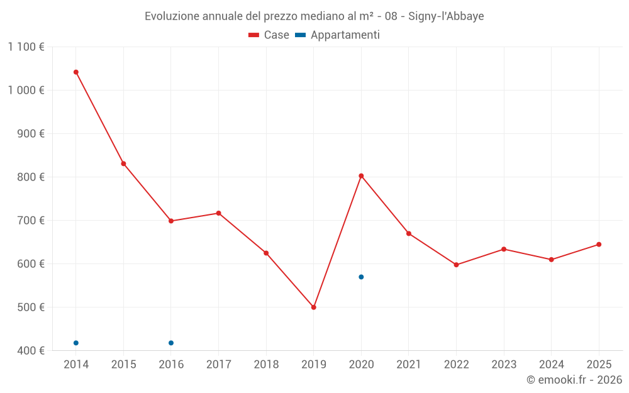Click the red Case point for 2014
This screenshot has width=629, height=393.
[x=76, y=72]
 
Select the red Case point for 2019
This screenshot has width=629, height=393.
[x=314, y=307]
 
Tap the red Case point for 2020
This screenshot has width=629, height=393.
[x=361, y=176]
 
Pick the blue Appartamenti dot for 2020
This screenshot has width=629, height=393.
[x=361, y=277]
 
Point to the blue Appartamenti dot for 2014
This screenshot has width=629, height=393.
[x=76, y=343]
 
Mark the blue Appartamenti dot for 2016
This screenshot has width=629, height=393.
[x=171, y=343]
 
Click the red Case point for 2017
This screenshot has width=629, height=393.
[x=219, y=213]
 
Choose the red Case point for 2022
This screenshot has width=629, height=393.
[x=456, y=265]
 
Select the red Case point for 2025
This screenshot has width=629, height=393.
[x=599, y=245]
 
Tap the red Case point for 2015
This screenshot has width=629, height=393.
[x=123, y=164]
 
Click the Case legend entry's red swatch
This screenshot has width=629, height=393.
[x=254, y=35]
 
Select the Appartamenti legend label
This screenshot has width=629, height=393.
[x=345, y=35]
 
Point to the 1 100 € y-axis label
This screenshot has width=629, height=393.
[x=26, y=47]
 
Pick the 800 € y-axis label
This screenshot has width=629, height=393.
[x=31, y=177]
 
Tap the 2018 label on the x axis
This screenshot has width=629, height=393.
[x=266, y=365]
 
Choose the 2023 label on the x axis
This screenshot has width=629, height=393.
[x=504, y=365]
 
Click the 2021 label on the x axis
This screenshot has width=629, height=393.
[x=409, y=365]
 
